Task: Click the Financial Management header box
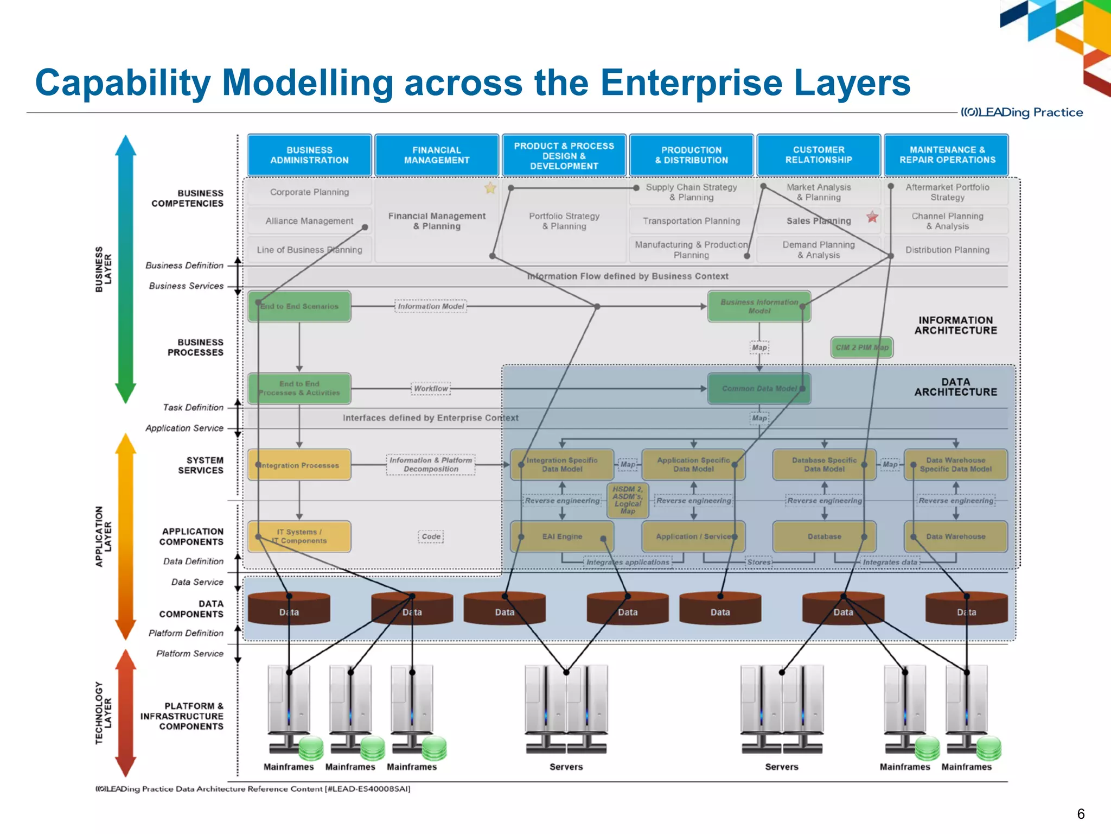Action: (x=437, y=155)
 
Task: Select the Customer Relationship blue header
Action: (x=819, y=155)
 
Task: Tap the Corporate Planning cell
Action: (x=309, y=192)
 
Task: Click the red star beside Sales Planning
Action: (x=872, y=217)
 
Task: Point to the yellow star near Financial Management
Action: (x=490, y=188)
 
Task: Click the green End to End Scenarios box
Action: (x=299, y=306)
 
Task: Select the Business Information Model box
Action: (x=759, y=306)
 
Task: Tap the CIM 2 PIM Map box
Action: (x=861, y=347)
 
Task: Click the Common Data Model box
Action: (x=759, y=389)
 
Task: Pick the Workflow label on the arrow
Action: (x=431, y=389)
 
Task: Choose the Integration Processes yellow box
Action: (x=299, y=465)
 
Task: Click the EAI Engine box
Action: (x=562, y=536)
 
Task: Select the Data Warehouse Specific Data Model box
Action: (x=955, y=465)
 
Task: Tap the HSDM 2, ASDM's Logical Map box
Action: (x=628, y=500)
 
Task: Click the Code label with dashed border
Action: (x=431, y=536)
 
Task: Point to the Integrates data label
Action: (x=890, y=563)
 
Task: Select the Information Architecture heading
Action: (x=955, y=325)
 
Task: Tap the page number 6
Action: (x=1081, y=813)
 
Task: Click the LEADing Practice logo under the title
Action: (x=1022, y=112)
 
